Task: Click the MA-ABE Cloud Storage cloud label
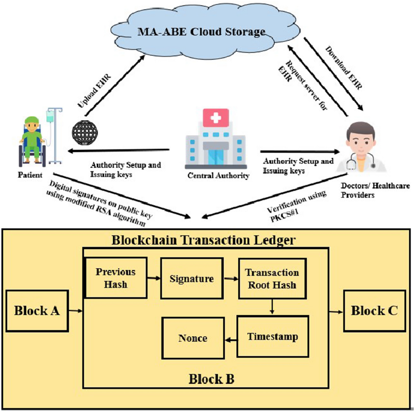click(x=201, y=32)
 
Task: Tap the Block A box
click(x=37, y=311)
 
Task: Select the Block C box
click(x=374, y=311)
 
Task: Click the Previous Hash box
click(x=116, y=278)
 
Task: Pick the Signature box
click(x=192, y=278)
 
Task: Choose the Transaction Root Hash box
click(x=272, y=278)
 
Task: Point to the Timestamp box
click(x=273, y=336)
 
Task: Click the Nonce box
click(x=193, y=338)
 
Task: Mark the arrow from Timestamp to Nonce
click(x=231, y=340)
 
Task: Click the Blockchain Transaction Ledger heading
click(x=203, y=240)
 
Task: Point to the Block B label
click(x=211, y=379)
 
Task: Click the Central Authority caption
click(x=218, y=176)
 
